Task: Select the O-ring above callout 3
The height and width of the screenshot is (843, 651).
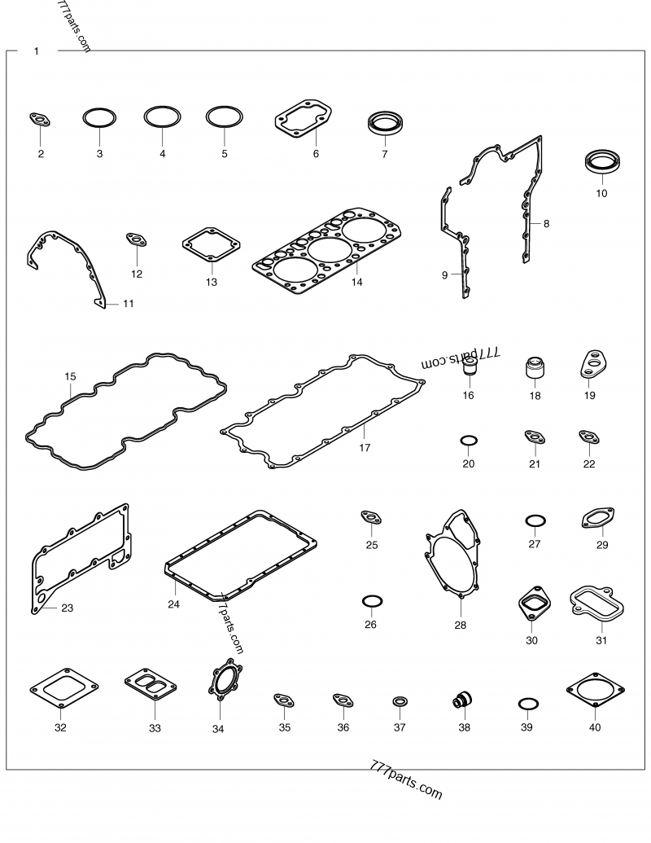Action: pyautogui.click(x=99, y=110)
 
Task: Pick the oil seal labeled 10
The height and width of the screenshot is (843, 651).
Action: pyautogui.click(x=604, y=163)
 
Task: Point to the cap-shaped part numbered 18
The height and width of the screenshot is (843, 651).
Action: pyautogui.click(x=535, y=367)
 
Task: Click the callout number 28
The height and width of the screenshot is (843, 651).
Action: pyautogui.click(x=461, y=625)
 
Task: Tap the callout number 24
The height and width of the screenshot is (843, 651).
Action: pyautogui.click(x=173, y=604)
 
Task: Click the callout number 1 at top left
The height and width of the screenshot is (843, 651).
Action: pyautogui.click(x=37, y=51)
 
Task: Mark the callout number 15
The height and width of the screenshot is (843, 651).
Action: pyautogui.click(x=70, y=376)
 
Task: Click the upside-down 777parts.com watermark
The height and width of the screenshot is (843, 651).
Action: pyautogui.click(x=461, y=358)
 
